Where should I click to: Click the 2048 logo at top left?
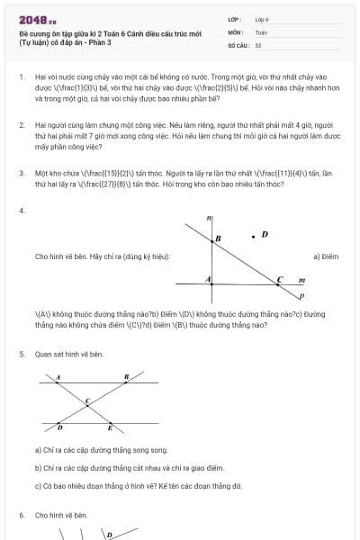point(32,20)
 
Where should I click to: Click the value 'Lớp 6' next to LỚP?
point(263,19)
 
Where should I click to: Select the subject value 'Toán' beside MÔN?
point(261,31)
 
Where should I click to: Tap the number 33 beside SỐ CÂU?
point(258,44)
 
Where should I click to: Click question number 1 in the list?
point(21,78)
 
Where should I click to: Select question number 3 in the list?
point(21,171)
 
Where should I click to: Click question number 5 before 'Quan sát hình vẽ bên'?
point(21,355)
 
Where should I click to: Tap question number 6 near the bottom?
point(21,515)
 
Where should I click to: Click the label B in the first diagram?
point(217,238)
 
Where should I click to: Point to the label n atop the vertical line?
point(208,218)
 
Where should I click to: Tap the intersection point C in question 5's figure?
point(87,401)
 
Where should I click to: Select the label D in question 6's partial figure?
point(109,535)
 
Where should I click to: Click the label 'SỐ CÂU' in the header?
point(238,44)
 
